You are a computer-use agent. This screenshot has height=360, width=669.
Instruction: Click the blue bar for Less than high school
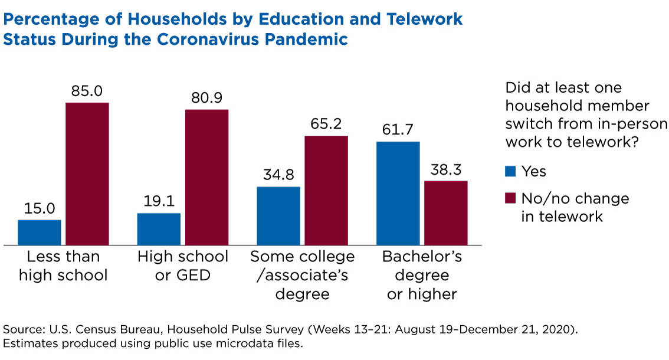[x=40, y=232]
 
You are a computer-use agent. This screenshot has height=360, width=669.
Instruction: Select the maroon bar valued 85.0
[x=87, y=174]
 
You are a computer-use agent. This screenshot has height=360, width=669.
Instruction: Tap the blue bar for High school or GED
[x=159, y=229]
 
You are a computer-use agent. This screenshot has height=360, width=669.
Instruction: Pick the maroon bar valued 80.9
[x=206, y=177]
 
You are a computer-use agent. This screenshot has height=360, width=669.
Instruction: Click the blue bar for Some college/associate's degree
[x=278, y=215]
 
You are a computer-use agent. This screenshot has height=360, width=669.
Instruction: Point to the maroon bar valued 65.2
[x=326, y=190]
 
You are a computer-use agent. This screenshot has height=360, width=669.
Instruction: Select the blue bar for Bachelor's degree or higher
[x=398, y=193]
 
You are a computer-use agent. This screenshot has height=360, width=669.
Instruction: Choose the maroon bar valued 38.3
[x=446, y=212]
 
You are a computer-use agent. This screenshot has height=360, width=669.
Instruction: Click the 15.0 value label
[x=40, y=208]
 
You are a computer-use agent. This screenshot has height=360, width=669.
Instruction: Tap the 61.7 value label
[x=398, y=130]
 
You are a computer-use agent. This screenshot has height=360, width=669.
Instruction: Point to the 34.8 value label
[x=278, y=175]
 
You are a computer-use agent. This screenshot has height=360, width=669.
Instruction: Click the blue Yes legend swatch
[x=510, y=172]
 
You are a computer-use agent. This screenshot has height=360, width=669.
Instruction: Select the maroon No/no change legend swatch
[x=510, y=198]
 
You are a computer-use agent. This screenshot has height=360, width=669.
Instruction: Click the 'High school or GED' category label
[x=182, y=266]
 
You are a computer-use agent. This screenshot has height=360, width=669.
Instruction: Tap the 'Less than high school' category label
[x=63, y=266]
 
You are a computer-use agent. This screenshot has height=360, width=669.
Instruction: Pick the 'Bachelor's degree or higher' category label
[x=422, y=275]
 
